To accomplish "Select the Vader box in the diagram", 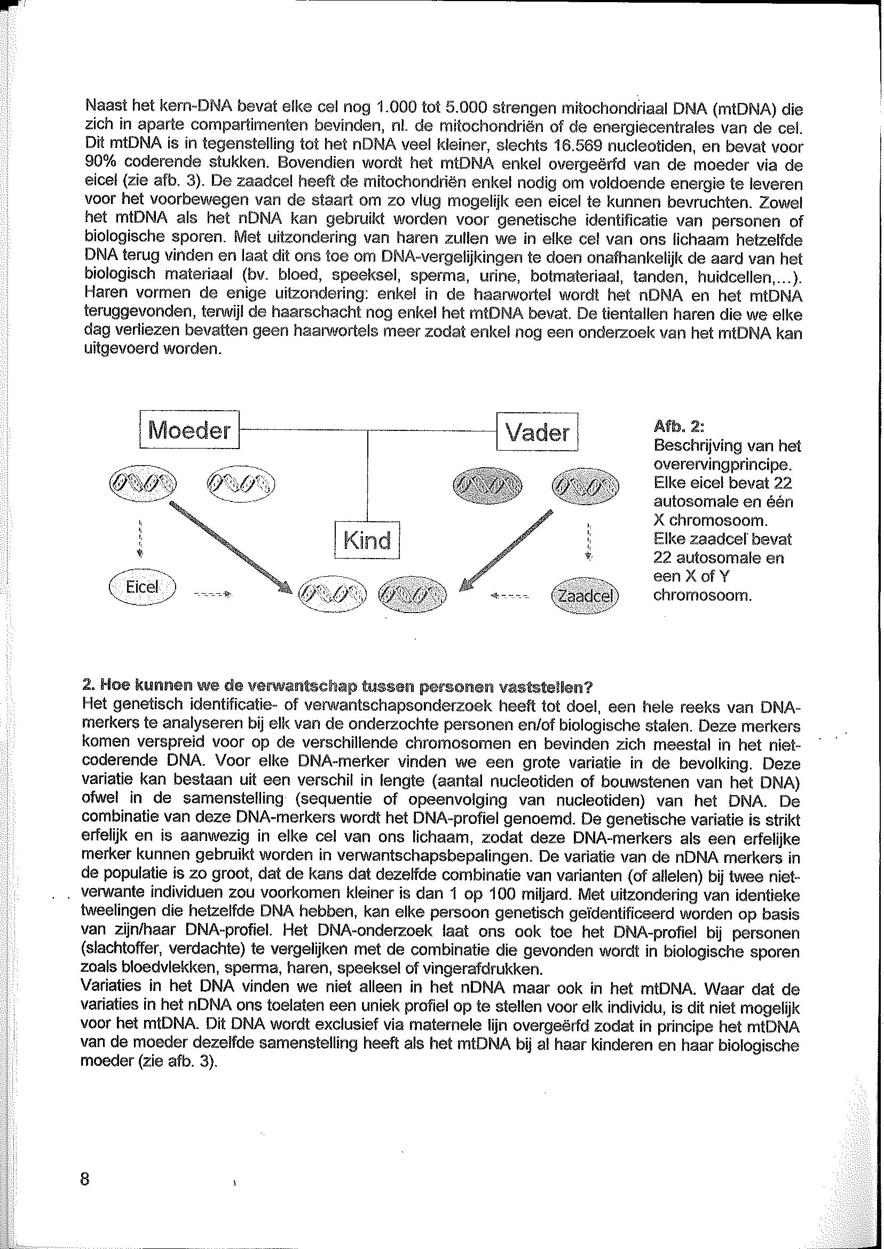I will click(x=536, y=433).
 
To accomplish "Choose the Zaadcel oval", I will click(x=585, y=595).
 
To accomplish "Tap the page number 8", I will click(x=85, y=1179).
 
